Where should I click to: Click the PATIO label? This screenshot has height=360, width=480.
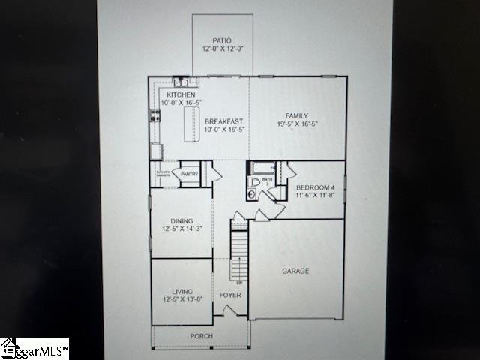click(222, 41)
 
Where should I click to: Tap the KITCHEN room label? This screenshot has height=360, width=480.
click(181, 95)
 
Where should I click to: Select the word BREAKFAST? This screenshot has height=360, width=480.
click(224, 121)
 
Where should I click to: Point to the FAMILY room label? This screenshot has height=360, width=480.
click(296, 115)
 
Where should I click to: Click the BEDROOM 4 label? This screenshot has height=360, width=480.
click(315, 187)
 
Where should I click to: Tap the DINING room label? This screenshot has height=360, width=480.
click(181, 221)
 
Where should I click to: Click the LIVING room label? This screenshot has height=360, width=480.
click(181, 291)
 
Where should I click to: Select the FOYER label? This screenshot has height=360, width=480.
click(230, 295)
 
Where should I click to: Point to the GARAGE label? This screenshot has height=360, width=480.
click(295, 271)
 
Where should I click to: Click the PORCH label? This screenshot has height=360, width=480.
click(201, 336)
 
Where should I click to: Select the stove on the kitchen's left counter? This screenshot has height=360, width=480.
click(156, 115)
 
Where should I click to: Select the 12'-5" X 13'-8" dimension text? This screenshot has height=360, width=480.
click(181, 299)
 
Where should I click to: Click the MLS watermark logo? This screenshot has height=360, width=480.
click(34, 349)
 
